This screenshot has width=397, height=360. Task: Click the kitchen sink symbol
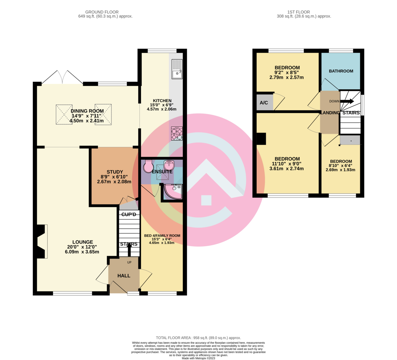[177, 69]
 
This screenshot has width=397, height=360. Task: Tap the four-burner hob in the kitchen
[177, 133]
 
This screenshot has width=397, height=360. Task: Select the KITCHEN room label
[162, 101]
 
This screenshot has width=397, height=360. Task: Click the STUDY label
[115, 172]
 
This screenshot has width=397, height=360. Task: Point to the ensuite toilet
[148, 167]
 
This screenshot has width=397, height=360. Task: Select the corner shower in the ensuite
[173, 191]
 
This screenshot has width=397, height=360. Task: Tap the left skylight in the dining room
[64, 115]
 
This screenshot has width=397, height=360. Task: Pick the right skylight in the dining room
[103, 115]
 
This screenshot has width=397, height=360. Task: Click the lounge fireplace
[42, 241]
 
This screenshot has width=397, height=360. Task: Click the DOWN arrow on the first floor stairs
[347, 101]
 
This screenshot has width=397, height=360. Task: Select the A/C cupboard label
[264, 103]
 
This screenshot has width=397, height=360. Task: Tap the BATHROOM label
[341, 71]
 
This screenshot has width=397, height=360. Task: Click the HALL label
[124, 276]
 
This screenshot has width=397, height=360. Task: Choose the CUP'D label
[129, 214]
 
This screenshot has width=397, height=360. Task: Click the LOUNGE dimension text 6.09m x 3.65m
[82, 252]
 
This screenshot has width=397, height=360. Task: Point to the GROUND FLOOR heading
[102, 12]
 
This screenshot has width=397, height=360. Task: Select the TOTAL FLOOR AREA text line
[198, 338]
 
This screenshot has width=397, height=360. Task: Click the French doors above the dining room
[62, 77]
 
